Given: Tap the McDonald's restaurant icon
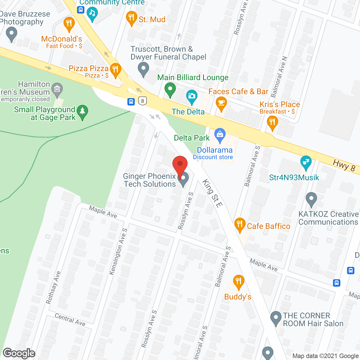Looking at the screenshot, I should (69, 24).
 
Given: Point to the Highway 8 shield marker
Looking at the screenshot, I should (143, 101).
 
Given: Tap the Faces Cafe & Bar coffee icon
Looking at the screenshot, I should (221, 103).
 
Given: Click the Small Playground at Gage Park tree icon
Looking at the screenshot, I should (82, 112).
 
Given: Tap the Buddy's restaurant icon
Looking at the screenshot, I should (238, 282).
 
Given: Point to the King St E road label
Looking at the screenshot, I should (212, 193).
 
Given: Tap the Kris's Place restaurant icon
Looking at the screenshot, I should (272, 123).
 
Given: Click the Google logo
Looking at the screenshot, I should (19, 353).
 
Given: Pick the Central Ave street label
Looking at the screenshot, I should (70, 320).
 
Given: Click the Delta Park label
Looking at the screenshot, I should (192, 138).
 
